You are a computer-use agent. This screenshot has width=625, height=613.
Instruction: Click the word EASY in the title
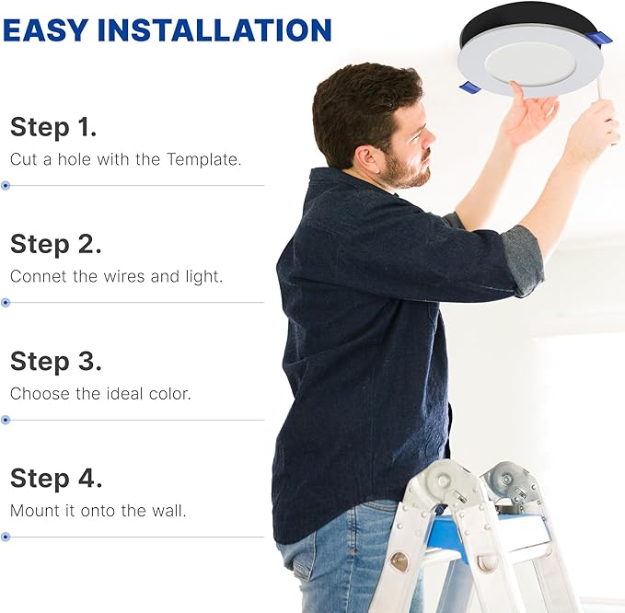click(45, 29)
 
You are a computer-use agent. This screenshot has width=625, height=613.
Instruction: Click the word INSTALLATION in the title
click(214, 29)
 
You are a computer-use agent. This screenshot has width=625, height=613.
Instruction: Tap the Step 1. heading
click(53, 127)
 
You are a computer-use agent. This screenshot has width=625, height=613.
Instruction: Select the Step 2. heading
click(56, 244)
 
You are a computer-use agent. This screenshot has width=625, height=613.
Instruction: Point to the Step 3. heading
click(56, 362)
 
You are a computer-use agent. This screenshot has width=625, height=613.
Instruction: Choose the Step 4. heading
click(56, 479)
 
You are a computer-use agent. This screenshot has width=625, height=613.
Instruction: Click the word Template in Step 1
click(203, 159)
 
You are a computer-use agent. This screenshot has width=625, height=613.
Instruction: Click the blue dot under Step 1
click(6, 185)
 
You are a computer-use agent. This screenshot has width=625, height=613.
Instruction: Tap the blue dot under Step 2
click(6, 303)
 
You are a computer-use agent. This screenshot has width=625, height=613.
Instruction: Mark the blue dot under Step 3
click(6, 420)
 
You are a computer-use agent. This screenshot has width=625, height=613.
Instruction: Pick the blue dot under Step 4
click(6, 537)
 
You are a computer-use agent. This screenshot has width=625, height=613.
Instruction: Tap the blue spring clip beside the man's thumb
click(469, 87)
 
